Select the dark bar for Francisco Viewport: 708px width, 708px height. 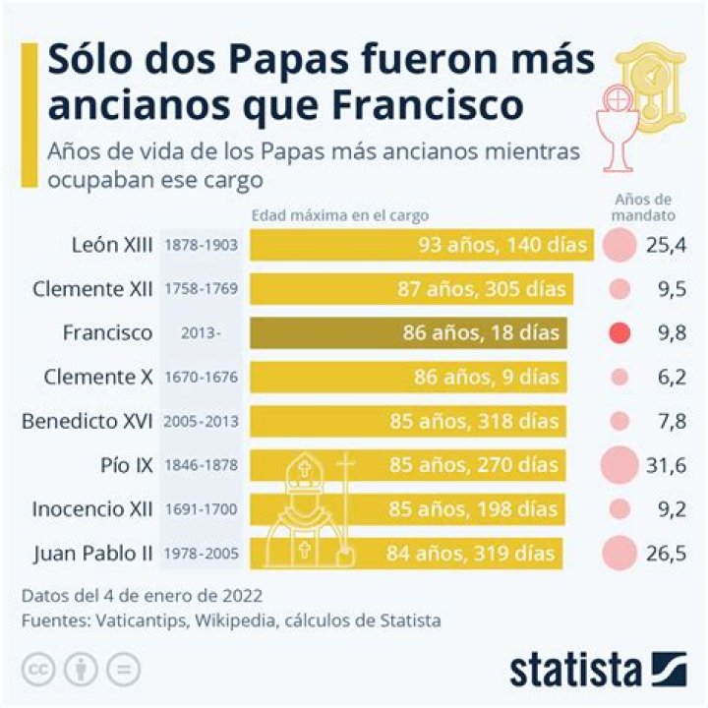click(408, 332)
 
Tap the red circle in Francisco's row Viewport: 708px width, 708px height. click(619, 332)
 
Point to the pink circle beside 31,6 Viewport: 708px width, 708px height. click(619, 464)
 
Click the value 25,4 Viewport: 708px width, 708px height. click(666, 245)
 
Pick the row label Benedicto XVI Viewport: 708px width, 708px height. click(88, 421)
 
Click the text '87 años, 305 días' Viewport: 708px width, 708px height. click(493, 289)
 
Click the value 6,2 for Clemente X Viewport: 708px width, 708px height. click(666, 377)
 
